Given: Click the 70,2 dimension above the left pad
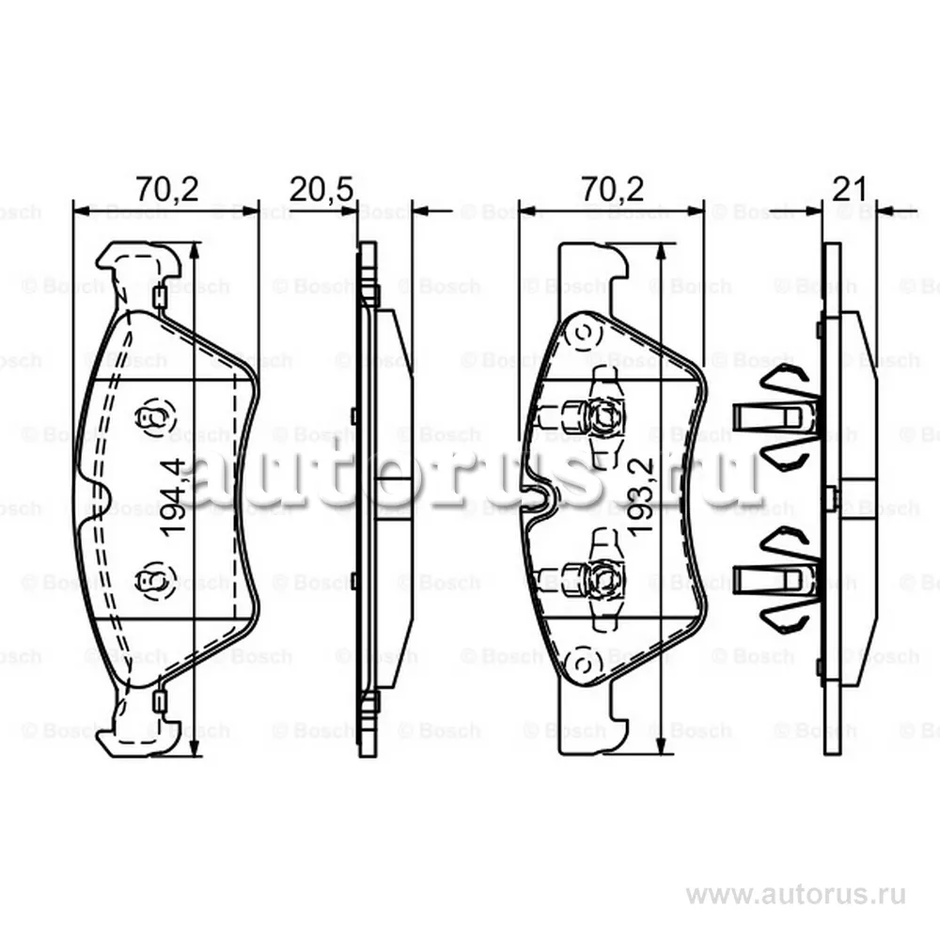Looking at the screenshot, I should click(165, 190).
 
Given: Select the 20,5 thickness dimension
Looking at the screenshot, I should click(321, 190).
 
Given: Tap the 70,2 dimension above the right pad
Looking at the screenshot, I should click(612, 190).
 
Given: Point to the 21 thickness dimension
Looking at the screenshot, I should click(849, 190).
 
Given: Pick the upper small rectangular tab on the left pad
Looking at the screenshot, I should click(160, 298).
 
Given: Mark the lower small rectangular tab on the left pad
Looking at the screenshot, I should click(160, 700).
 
